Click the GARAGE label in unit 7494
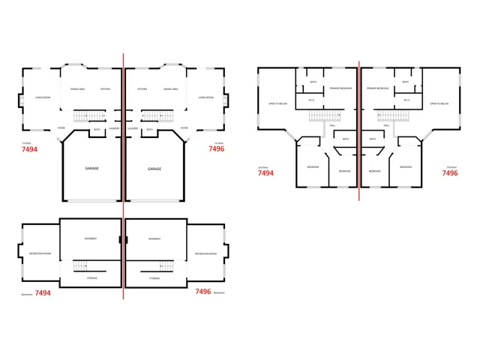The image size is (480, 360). point(91,169)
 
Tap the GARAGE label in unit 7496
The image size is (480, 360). point(154,169)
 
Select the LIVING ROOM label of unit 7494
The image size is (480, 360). point(43,97)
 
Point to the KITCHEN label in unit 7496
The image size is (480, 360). point(142,88)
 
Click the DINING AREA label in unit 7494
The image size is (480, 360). point(77,88)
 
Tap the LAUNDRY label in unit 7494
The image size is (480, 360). point(114,128)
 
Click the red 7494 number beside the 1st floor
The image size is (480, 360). point(30,149)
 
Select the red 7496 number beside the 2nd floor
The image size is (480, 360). point(449,173)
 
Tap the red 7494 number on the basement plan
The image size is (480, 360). point(42,293)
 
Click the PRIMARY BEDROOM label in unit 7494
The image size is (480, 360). point(340,88)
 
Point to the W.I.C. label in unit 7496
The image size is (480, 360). point(406,100)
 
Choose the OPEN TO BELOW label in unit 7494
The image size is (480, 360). point(277,103)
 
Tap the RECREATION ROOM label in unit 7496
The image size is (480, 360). point(206,253)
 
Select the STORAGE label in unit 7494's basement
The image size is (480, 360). point(91,278)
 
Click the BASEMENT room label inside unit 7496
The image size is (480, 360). point(154,238)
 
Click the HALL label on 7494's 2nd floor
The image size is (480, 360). point(333,125)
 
